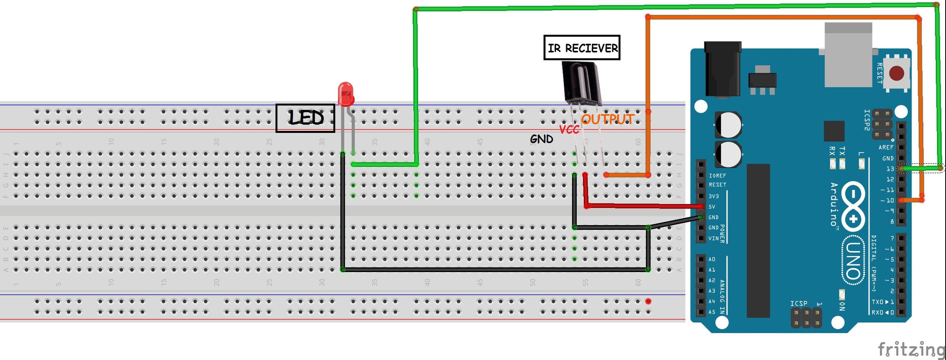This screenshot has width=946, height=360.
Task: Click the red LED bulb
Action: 346,94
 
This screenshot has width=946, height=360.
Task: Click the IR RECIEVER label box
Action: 582,48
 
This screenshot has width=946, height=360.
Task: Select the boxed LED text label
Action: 305,118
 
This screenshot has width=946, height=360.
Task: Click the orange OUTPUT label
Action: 607,119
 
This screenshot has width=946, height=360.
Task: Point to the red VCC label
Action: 569,129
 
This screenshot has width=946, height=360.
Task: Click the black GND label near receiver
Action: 541,139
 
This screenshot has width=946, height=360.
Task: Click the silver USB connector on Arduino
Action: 848,55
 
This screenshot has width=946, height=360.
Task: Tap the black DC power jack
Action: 722,69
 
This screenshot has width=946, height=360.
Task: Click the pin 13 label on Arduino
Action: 890,169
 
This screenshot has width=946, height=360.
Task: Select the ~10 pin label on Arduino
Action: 887,200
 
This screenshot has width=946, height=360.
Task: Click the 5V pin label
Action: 712,207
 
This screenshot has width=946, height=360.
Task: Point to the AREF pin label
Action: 886,147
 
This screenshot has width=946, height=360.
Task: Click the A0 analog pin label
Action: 711,259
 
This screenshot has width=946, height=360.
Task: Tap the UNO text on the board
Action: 853,260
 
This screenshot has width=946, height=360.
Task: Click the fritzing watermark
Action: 911,349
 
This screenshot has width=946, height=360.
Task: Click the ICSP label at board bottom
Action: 799,303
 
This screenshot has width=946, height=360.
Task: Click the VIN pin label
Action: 713,238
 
